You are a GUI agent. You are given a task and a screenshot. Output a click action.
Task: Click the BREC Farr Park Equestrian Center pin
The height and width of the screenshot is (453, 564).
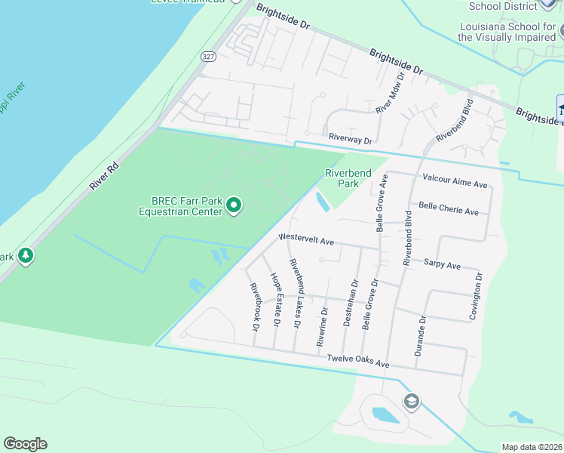(234, 205)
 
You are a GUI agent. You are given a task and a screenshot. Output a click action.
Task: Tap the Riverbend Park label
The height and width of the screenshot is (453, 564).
(348, 178)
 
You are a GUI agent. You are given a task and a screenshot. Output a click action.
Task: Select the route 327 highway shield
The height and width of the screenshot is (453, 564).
(209, 57)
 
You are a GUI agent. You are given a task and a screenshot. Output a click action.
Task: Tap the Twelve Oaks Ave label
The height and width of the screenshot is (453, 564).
(357, 363)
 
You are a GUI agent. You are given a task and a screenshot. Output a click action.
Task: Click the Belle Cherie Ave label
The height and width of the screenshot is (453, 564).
(449, 209)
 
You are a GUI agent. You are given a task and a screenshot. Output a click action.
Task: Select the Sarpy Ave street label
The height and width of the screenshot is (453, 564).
(442, 265)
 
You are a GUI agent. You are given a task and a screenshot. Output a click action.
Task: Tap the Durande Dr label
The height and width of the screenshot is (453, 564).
(422, 335)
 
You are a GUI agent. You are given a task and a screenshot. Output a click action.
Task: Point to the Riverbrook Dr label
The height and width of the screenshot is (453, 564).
(255, 307)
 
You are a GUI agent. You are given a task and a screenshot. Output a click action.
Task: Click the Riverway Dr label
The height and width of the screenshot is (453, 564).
(351, 140)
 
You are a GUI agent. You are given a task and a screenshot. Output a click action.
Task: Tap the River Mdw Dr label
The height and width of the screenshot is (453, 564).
(391, 92)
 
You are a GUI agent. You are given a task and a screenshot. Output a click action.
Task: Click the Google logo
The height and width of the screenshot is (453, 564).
(25, 444)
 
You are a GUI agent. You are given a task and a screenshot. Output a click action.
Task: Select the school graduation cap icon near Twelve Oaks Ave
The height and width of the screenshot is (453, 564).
(411, 400)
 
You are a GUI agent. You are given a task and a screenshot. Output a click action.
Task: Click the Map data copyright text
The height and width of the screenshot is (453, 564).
(532, 447)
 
